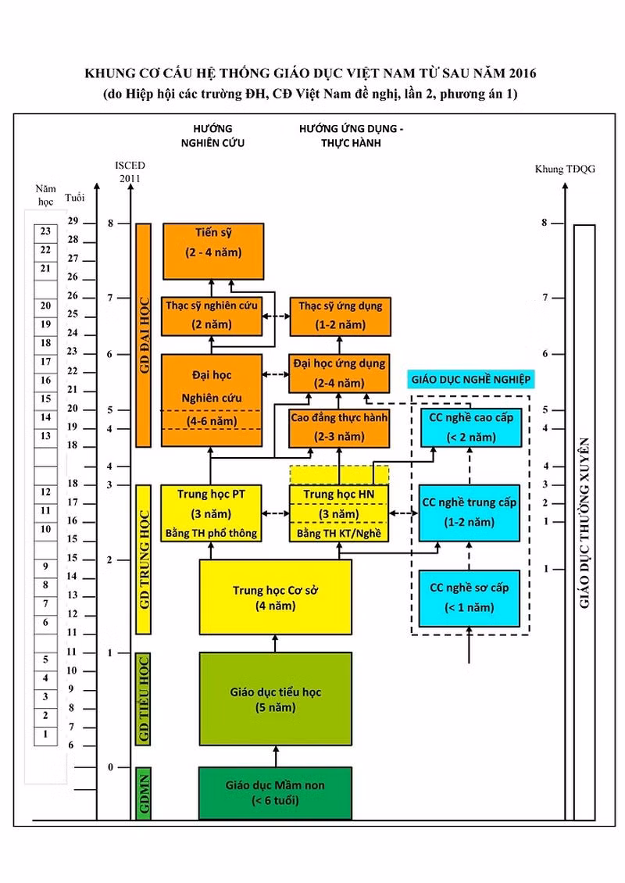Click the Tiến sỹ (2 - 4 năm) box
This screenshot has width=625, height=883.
pyautogui.click(x=213, y=251)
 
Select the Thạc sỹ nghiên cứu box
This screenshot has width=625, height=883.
pyautogui.click(x=212, y=316)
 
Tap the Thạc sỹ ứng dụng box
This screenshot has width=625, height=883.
pyautogui.click(x=340, y=316)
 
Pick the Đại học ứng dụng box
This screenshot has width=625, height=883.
pyautogui.click(x=339, y=374)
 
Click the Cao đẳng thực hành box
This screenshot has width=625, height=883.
pyautogui.click(x=339, y=428)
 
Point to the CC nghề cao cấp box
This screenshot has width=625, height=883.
pyautogui.click(x=471, y=428)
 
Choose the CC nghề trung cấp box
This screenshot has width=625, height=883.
pyautogui.click(x=469, y=513)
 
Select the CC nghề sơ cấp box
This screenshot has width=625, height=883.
pyautogui.click(x=469, y=598)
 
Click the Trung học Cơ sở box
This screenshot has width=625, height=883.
pyautogui.click(x=275, y=597)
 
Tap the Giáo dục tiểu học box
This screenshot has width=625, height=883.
pyautogui.click(x=275, y=699)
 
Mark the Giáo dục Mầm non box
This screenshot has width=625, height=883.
pyautogui.click(x=275, y=793)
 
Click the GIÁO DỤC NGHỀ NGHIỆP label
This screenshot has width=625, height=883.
pyautogui.click(x=471, y=380)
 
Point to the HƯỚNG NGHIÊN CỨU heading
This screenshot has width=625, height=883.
pyautogui.click(x=212, y=136)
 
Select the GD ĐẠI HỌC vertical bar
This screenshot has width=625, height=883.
pyautogui.click(x=144, y=335)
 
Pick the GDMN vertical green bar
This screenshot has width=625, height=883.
pyautogui.click(x=144, y=793)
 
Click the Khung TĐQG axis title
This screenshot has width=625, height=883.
pyautogui.click(x=565, y=169)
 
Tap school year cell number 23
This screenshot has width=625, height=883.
pyautogui.click(x=45, y=231)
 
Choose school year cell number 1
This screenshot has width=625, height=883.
pyautogui.click(x=45, y=735)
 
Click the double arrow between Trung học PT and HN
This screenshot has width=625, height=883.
pyautogui.click(x=276, y=513)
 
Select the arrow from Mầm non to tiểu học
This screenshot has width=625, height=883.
pyautogui.click(x=276, y=756)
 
